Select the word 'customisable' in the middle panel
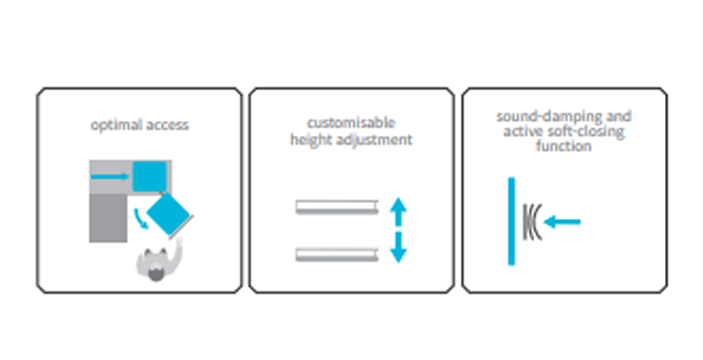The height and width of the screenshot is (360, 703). pos(351,123)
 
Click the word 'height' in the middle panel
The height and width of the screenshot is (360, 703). pos(310,139)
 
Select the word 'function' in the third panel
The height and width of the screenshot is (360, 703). pos(563,146)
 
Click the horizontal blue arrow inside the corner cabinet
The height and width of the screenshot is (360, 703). pos(110,176)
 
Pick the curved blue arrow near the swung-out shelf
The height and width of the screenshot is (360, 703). pos(141,219)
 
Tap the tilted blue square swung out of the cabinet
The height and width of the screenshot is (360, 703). pos(169,214)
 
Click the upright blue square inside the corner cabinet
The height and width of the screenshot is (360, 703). pos(150,176)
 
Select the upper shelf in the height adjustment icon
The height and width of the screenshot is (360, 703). pos(337,207)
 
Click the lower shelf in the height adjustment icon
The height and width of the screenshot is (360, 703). pos(337,255)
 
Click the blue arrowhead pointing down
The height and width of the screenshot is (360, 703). pos(398,255)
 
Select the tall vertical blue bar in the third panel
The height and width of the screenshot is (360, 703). pos(512,221)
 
